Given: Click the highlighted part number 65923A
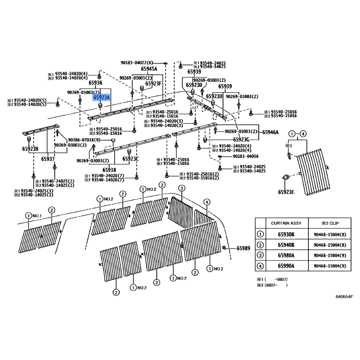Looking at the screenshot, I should pos(101,97).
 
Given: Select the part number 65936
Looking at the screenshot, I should pos(95,83).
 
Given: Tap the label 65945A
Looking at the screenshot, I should pos(149,69).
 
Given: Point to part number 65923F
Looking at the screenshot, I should pos(153,83).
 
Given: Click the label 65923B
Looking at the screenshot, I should pos(30,149).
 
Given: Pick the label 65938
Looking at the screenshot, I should pos(109,170).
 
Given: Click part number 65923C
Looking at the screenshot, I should pos(131,159).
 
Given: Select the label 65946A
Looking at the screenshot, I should pos(270,132).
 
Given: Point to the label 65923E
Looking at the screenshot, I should pos(286,192).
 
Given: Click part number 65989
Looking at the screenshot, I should pos(243,248).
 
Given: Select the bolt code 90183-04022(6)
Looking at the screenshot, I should pos(137,63).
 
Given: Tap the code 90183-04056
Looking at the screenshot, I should pos(246,156).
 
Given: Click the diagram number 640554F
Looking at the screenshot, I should pos(344,297).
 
